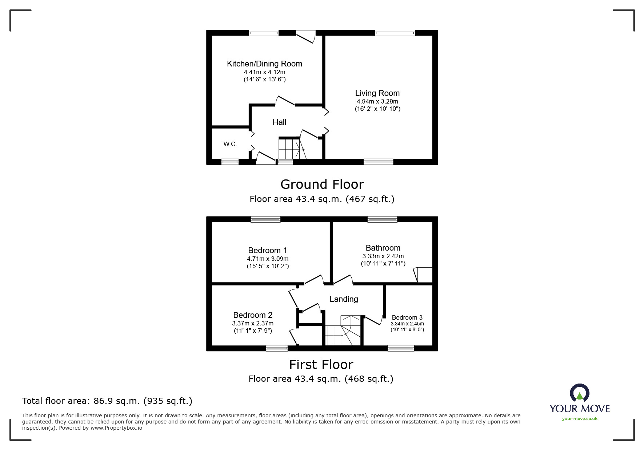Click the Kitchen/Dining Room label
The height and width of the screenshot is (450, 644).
tap(264, 64)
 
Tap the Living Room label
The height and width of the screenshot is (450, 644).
tap(377, 93)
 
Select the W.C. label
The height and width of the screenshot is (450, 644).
tap(230, 144)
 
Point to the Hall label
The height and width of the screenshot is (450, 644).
tap(280, 122)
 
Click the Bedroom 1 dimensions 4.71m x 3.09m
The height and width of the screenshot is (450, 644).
tap(268, 259)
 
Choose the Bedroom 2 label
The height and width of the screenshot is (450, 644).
tap(253, 315)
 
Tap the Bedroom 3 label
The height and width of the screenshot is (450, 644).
tap(407, 317)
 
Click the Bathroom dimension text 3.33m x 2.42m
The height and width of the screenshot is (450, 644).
tap(383, 256)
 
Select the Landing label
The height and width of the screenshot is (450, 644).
tap(344, 299)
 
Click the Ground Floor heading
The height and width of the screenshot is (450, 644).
tap(322, 185)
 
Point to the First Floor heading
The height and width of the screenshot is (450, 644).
tap(321, 365)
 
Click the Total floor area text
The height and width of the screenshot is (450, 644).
tap(107, 401)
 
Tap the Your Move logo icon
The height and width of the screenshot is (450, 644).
tap(579, 393)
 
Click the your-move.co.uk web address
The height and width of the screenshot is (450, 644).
tap(580, 419)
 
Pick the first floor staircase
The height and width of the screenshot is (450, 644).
tap(343, 331)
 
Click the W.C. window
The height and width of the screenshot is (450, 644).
tap(230, 162)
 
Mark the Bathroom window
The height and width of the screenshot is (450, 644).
tap(382, 219)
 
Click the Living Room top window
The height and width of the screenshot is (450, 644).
tap(395, 33)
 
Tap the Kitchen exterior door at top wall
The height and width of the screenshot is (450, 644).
tap(306, 37)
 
